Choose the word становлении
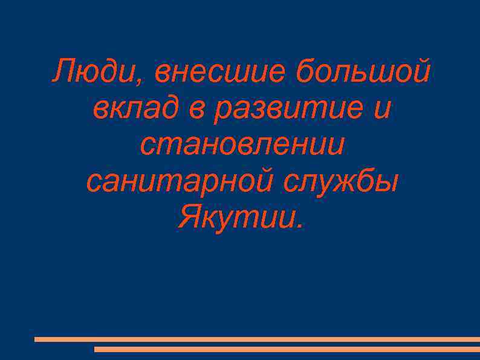coord(242,145)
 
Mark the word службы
coord(342,181)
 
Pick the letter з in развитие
coord(259,111)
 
